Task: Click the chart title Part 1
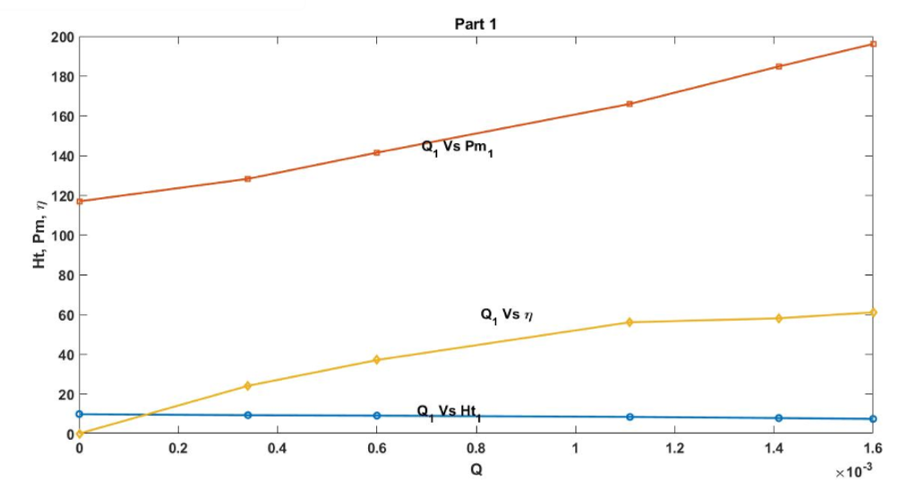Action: point(476,24)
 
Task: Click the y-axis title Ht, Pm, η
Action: point(41,235)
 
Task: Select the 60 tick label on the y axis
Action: point(64,315)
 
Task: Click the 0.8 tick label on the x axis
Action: point(476,449)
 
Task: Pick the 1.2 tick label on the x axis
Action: point(674,449)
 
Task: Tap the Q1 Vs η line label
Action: point(508,314)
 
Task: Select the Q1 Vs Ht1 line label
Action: point(450,411)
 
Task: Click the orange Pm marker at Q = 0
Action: point(80,201)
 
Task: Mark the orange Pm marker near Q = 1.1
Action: point(630,104)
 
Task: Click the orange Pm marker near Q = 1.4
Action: point(779,66)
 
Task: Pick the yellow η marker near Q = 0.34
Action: point(248,386)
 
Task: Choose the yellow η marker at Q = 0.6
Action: point(377,360)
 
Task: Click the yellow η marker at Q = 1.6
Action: point(873,313)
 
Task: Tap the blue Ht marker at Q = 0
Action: point(80,414)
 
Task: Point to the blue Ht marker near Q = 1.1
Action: point(630,416)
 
